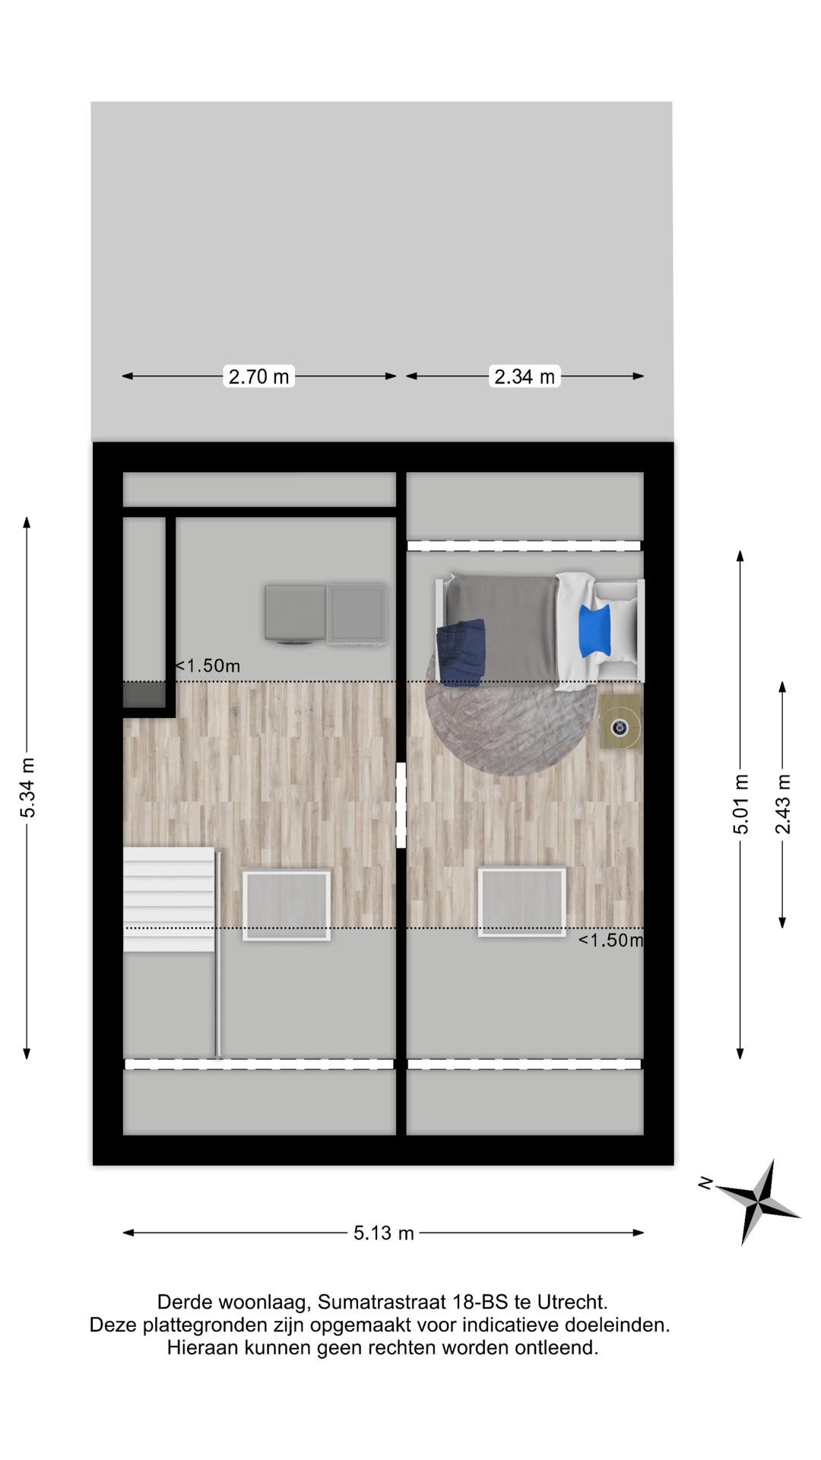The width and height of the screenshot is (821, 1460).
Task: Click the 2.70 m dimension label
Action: pos(258,376)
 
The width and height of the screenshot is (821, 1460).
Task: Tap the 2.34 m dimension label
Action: pos(525,376)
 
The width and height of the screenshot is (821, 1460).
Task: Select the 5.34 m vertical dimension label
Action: pos(28,787)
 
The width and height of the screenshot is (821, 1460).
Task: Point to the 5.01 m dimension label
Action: pos(741,804)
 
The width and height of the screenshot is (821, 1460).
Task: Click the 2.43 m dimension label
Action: pos(783,804)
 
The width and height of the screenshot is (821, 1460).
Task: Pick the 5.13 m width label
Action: pos(383,1233)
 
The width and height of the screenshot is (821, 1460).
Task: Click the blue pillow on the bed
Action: pos(595,630)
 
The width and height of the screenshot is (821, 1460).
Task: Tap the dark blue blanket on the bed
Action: pos(461,652)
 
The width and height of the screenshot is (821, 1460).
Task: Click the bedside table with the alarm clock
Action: pos(620,722)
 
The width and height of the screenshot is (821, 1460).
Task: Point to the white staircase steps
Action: pos(170,899)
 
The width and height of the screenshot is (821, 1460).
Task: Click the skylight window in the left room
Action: pos(287,905)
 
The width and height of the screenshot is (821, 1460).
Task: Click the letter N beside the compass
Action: pos(705,1182)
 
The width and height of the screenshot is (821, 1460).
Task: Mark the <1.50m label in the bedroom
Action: pos(610,941)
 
